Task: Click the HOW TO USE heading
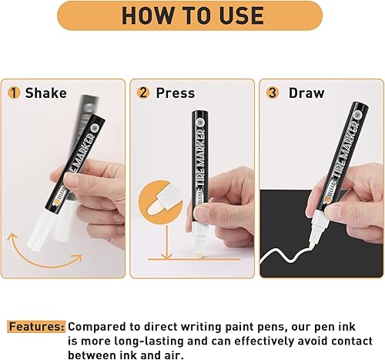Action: (192, 15)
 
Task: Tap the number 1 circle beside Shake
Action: (13, 93)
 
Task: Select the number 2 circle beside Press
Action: (143, 93)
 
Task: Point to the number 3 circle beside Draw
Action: (272, 93)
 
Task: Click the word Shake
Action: (45, 93)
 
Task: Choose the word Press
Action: (176, 93)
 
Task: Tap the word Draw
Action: (306, 93)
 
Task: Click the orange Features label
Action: (35, 325)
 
